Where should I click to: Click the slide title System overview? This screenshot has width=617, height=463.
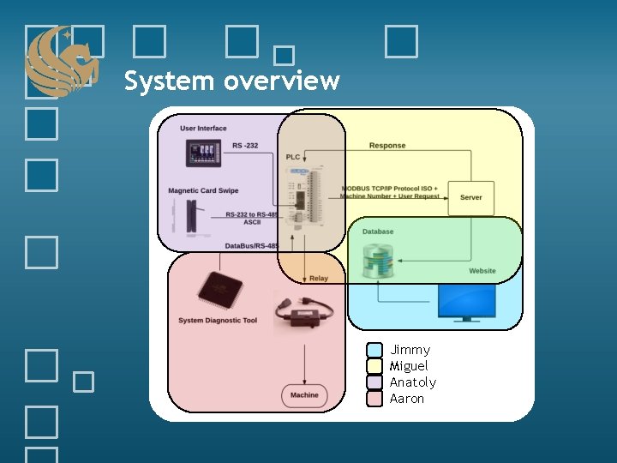coord(231,81)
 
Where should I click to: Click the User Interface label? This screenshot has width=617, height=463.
coord(203,129)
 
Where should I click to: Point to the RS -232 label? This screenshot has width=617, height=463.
coord(245,146)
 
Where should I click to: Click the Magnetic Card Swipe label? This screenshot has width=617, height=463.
coord(203,190)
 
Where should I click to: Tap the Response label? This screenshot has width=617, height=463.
coord(387,146)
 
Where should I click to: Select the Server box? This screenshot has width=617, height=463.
coord(470,197)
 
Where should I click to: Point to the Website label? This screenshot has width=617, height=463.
coord(482,271)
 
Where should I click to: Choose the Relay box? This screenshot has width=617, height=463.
coord(318,278)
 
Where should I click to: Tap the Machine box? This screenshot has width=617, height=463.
coord(303,395)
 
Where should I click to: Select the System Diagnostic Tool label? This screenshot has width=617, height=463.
coord(218,321)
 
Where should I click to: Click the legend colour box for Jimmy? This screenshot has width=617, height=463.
coord(374,350)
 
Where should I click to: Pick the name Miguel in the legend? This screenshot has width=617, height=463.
coord(409,366)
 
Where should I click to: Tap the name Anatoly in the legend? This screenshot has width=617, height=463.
coord(413,382)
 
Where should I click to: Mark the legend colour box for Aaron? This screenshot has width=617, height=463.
coord(374,399)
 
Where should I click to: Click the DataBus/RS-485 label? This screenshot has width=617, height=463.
coord(252,246)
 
